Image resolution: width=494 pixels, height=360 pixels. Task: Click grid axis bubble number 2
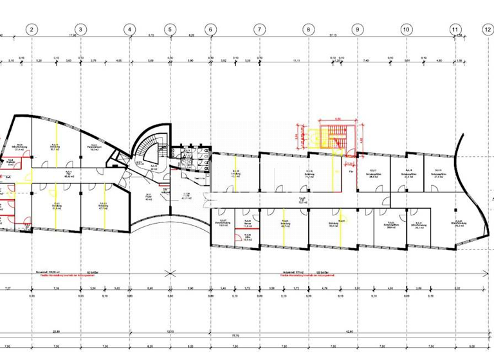[33, 29]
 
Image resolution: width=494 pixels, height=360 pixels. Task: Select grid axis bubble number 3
[80, 29]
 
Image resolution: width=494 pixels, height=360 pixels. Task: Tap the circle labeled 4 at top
[129, 29]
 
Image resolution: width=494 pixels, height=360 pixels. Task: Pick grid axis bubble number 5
[170, 29]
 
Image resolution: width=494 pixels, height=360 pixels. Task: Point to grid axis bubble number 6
[210, 29]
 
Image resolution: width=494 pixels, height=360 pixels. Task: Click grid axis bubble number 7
[259, 29]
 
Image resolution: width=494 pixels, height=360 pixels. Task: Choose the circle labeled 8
[308, 29]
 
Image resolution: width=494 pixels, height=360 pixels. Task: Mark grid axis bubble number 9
[357, 29]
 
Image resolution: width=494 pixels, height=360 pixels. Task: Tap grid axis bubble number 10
[406, 29]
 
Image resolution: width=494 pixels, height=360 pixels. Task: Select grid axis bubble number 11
[455, 29]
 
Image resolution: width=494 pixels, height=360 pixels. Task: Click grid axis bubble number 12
[487, 29]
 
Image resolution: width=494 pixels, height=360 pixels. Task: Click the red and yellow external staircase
[334, 136]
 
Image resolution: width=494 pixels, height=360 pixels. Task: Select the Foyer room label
[149, 197]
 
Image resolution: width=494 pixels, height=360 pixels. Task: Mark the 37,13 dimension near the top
[332, 36]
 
